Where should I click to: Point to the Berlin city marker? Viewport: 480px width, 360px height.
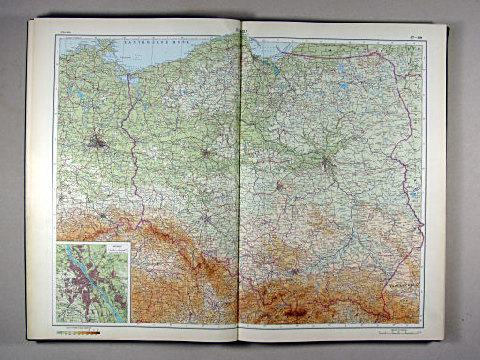click(98, 143)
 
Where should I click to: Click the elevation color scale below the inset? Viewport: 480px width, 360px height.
click(81, 331)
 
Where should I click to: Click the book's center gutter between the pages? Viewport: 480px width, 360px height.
click(240, 187)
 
